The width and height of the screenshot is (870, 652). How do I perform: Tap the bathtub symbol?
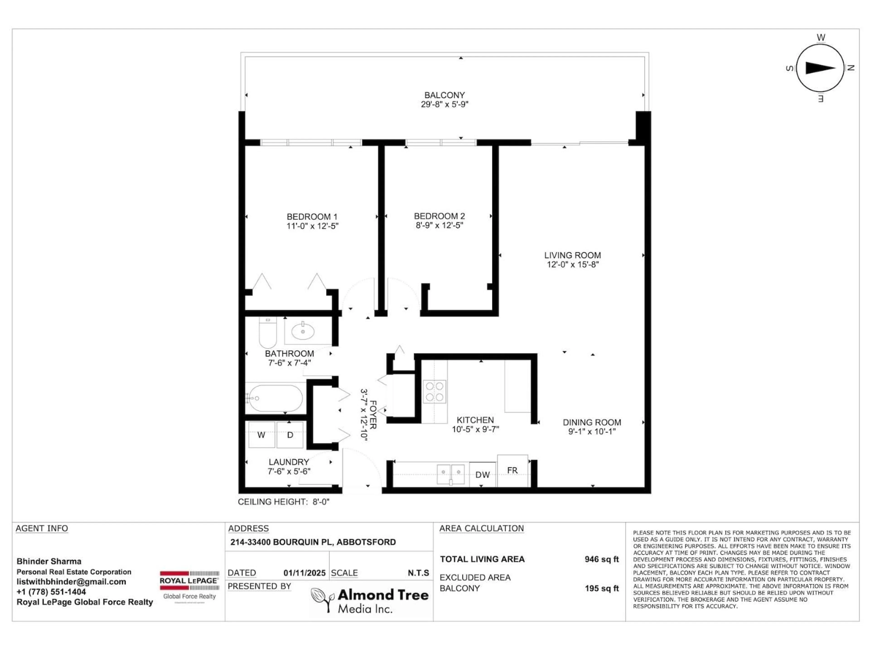275,398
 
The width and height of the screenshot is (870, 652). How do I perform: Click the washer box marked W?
261,435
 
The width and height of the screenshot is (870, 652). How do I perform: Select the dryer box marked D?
290,435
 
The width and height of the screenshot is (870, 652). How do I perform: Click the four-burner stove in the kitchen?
434,391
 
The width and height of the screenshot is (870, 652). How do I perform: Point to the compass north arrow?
820,68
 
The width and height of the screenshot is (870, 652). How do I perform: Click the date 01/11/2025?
304,573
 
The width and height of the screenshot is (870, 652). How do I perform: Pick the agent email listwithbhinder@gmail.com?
71,582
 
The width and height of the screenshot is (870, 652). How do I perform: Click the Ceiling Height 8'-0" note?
283,502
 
